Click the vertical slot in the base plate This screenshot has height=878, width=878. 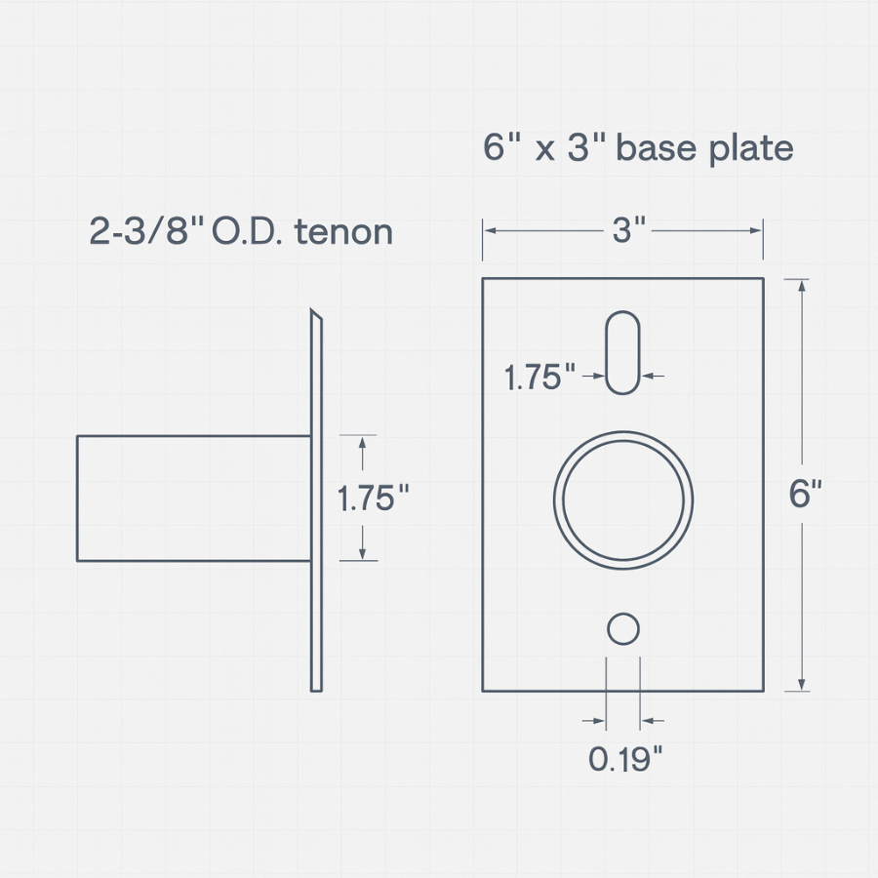[x=622, y=352]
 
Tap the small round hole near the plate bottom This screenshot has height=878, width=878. [x=623, y=629]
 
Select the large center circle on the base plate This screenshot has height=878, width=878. [x=623, y=499]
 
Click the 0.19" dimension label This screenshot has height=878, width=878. [x=625, y=758]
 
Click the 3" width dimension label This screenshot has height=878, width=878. [x=629, y=231]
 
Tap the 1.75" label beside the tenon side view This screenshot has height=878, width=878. [x=372, y=499]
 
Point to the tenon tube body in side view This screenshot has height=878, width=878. [x=193, y=499]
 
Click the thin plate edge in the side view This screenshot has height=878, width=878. [x=316, y=507]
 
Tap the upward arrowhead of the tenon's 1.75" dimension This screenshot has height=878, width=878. [x=362, y=443]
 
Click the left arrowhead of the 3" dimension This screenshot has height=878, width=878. [x=491, y=231]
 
